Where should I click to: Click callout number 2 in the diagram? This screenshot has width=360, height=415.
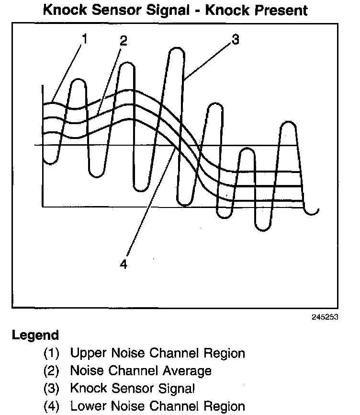(x=124, y=41)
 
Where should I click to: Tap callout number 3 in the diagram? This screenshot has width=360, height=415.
(x=235, y=40)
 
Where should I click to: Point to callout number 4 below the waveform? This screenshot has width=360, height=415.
(x=124, y=264)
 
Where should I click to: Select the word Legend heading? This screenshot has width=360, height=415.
(x=35, y=335)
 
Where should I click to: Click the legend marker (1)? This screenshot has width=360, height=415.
(x=52, y=354)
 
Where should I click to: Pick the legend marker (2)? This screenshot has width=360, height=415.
(x=52, y=371)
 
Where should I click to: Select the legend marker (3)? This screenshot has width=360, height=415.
(x=52, y=388)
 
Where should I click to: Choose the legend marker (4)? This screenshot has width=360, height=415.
(x=52, y=406)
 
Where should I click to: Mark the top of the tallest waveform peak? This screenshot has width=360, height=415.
(x=177, y=49)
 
